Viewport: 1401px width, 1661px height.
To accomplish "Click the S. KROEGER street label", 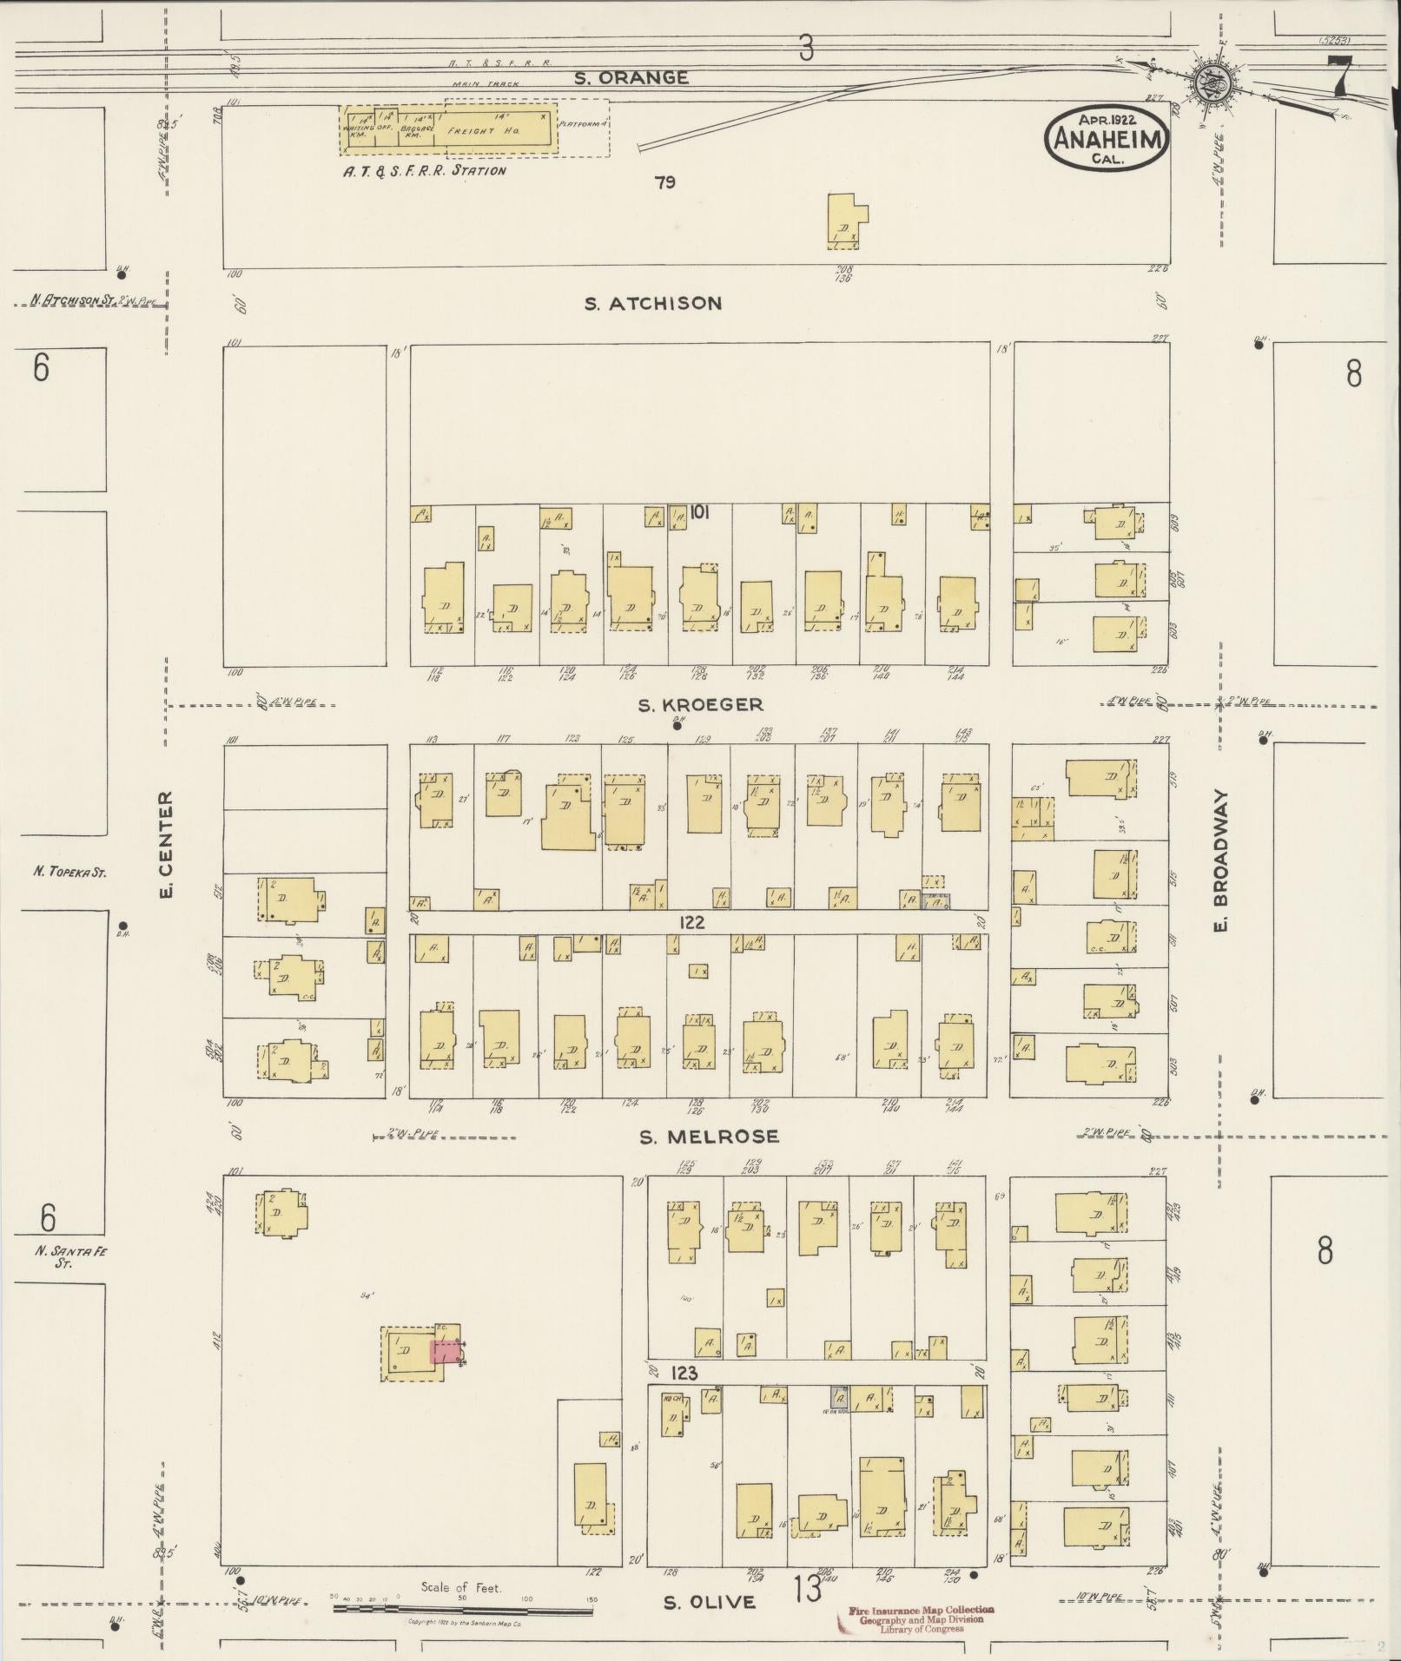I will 700,705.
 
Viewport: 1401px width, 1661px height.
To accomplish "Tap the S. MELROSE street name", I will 709,1137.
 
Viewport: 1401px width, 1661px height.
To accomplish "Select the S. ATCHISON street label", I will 652,303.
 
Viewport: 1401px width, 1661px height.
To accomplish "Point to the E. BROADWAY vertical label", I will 1220,861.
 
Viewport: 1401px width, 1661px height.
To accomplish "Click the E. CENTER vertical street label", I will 168,844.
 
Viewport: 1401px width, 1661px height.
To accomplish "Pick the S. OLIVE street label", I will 709,1602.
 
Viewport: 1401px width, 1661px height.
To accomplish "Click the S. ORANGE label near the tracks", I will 631,78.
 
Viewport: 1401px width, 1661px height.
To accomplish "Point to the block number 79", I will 665,182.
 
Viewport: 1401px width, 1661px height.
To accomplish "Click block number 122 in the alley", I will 692,923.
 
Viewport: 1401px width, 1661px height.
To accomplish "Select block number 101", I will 700,512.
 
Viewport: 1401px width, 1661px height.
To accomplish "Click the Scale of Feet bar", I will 461,1607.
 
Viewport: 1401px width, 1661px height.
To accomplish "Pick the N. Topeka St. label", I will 69,872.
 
